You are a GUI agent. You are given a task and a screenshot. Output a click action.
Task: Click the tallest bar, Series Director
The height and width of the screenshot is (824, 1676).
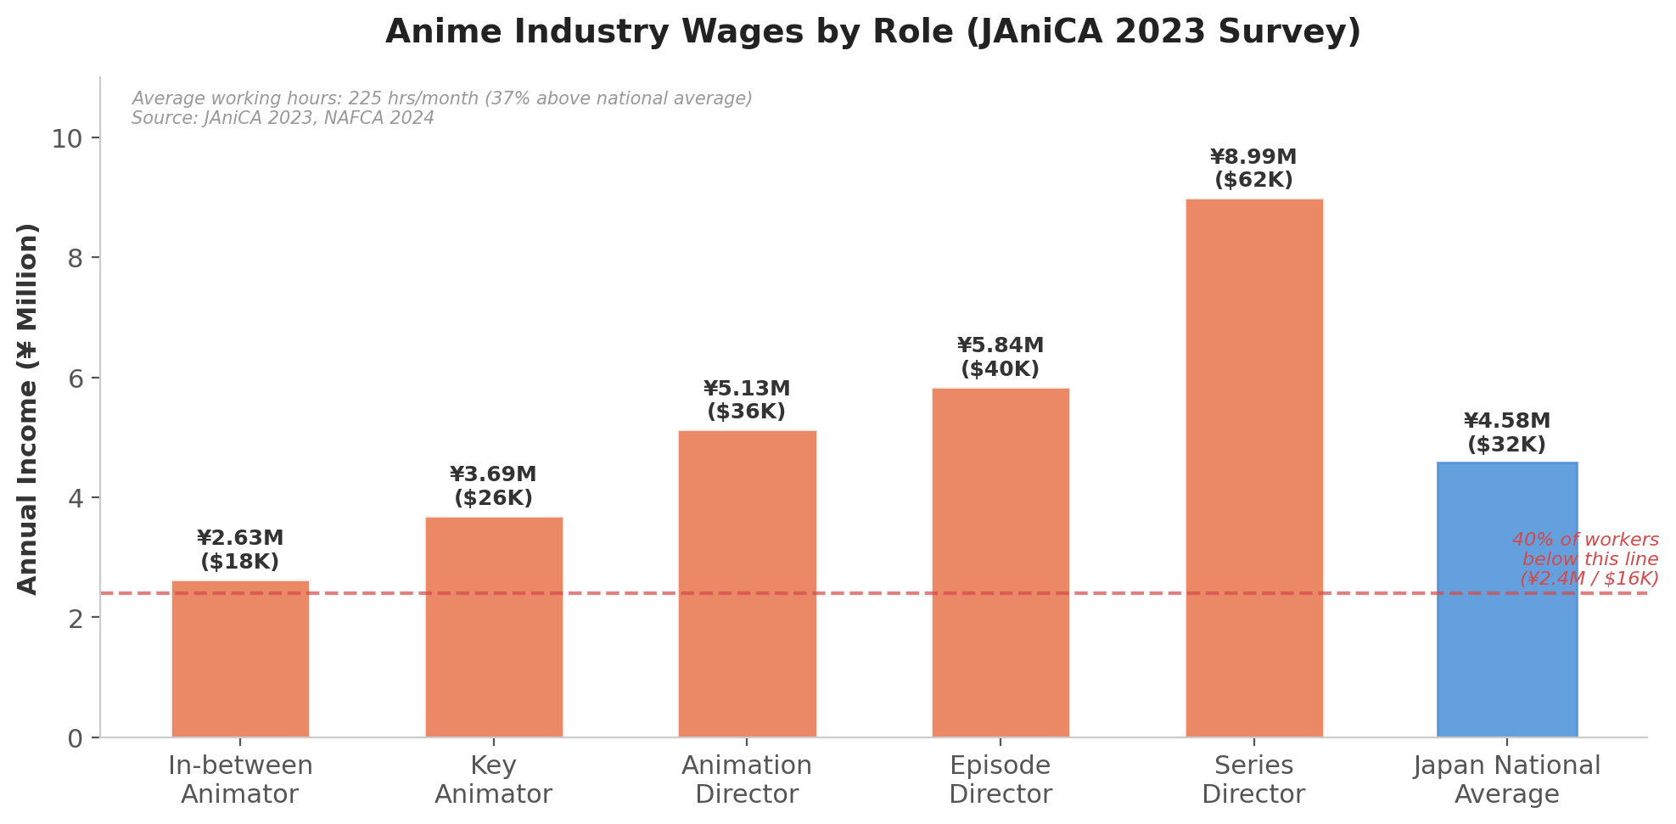coord(1253,468)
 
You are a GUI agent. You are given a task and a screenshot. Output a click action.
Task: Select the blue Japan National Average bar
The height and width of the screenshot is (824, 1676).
coord(1507,599)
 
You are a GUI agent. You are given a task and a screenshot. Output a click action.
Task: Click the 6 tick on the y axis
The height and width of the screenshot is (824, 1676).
coord(75,378)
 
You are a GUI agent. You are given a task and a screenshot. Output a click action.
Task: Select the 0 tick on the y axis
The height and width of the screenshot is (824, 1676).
coord(75,738)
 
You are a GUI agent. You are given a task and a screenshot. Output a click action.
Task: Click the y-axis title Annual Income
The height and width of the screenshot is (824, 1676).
coord(28,408)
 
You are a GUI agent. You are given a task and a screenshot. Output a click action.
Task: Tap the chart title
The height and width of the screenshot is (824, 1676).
coord(872,32)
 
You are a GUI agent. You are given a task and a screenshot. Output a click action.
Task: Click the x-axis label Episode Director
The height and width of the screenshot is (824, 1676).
coord(1001,780)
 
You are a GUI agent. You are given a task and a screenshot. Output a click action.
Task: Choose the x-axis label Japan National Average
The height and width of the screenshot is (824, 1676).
coord(1507,780)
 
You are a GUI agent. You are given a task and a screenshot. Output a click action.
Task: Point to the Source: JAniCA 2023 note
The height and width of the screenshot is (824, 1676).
coord(283,119)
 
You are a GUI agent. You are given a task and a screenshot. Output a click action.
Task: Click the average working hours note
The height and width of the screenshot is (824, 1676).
coord(441,98)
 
